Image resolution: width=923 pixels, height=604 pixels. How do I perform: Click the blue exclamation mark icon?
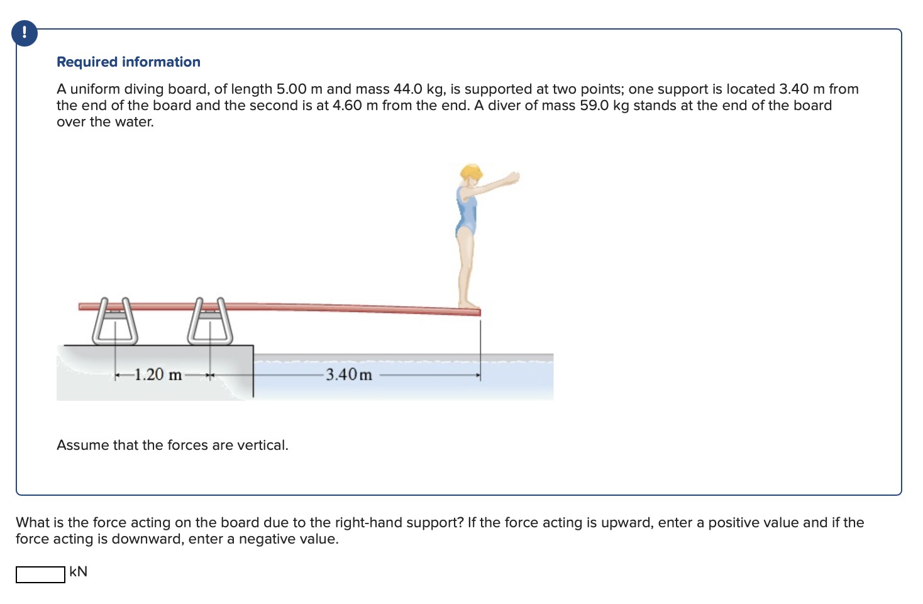pyautogui.click(x=25, y=33)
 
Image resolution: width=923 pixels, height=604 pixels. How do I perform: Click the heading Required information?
pyautogui.click(x=128, y=62)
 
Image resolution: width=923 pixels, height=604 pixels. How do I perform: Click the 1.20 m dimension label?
pyautogui.click(x=158, y=375)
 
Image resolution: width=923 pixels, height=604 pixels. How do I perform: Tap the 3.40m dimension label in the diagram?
pyautogui.click(x=349, y=375)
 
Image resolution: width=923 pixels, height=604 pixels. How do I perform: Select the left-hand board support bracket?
pyautogui.click(x=115, y=323)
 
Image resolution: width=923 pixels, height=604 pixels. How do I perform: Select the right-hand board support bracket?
pyautogui.click(x=210, y=323)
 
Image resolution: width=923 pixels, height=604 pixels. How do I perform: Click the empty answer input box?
pyautogui.click(x=40, y=574)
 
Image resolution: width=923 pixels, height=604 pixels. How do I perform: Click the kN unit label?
pyautogui.click(x=79, y=571)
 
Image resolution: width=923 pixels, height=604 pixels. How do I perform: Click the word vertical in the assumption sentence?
pyautogui.click(x=261, y=445)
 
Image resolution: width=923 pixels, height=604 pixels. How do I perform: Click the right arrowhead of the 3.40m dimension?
pyautogui.click(x=478, y=376)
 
